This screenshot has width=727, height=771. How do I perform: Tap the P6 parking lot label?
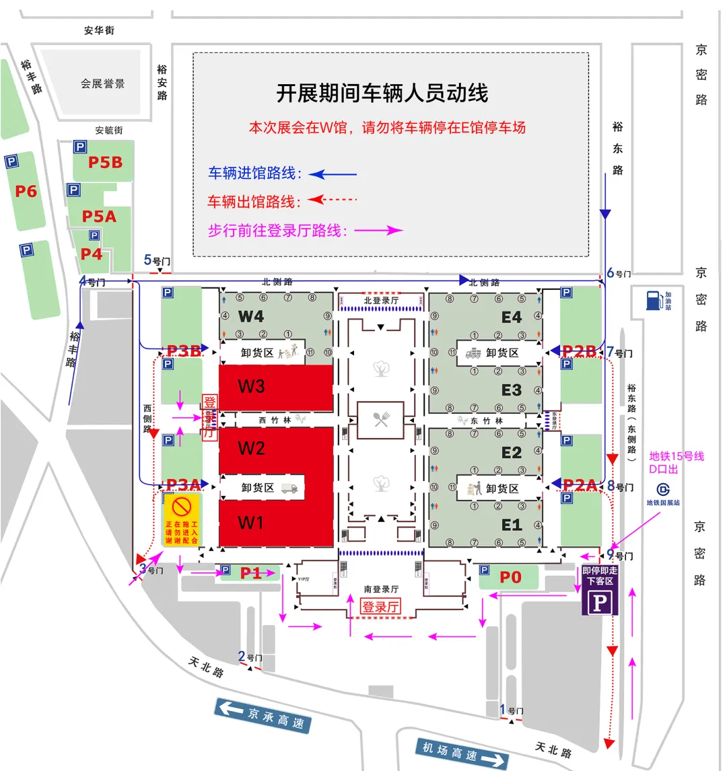click(x=26, y=192)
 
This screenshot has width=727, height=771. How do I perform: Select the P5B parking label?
click(x=105, y=162)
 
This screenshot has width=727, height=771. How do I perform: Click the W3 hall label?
click(x=251, y=386)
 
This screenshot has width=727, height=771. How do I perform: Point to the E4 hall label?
click(x=512, y=317)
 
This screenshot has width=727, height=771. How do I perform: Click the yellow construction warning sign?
click(x=182, y=519)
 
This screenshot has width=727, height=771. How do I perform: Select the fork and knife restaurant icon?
click(x=381, y=419)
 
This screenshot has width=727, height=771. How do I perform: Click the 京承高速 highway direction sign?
click(x=263, y=716)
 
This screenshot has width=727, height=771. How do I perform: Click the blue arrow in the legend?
click(x=333, y=174)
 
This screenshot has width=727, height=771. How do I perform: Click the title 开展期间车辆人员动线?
click(x=382, y=93)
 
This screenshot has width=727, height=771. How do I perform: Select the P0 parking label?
click(x=510, y=577)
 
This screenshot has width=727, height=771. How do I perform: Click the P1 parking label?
click(x=250, y=573)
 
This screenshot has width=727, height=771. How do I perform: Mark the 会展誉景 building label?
click(x=102, y=84)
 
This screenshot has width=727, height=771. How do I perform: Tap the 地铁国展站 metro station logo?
click(x=663, y=490)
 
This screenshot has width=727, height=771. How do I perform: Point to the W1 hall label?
click(x=251, y=523)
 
